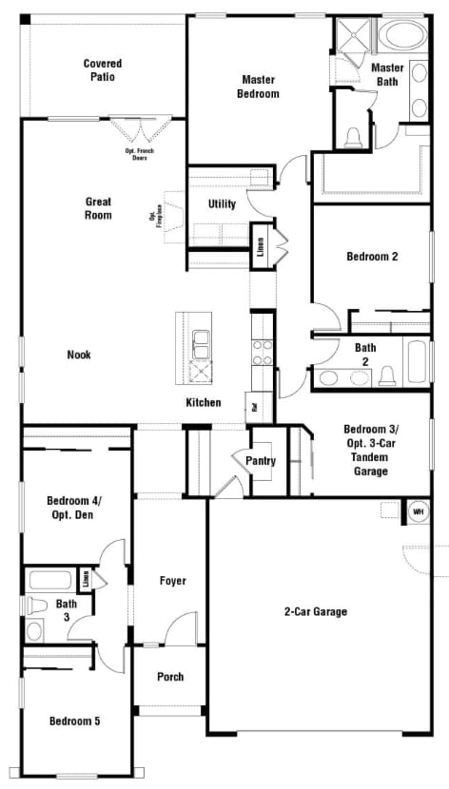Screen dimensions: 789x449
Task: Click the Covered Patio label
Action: click(103, 69)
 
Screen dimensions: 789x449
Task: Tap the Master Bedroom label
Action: click(259, 87)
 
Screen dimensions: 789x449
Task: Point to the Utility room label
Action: click(222, 203)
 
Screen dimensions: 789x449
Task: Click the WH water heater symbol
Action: click(417, 511)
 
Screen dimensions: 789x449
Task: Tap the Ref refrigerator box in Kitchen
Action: click(254, 406)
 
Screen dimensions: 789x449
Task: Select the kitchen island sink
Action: click(202, 340)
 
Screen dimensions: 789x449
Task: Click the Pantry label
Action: click(260, 461)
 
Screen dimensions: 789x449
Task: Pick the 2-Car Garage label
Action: click(316, 611)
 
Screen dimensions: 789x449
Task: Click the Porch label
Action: click(169, 677)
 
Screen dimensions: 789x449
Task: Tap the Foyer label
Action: click(172, 581)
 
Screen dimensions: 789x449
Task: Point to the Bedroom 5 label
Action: click(74, 721)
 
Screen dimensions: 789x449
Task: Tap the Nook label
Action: click(79, 355)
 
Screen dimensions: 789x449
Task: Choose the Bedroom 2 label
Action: click(371, 257)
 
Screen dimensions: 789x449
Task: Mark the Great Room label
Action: click(98, 208)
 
